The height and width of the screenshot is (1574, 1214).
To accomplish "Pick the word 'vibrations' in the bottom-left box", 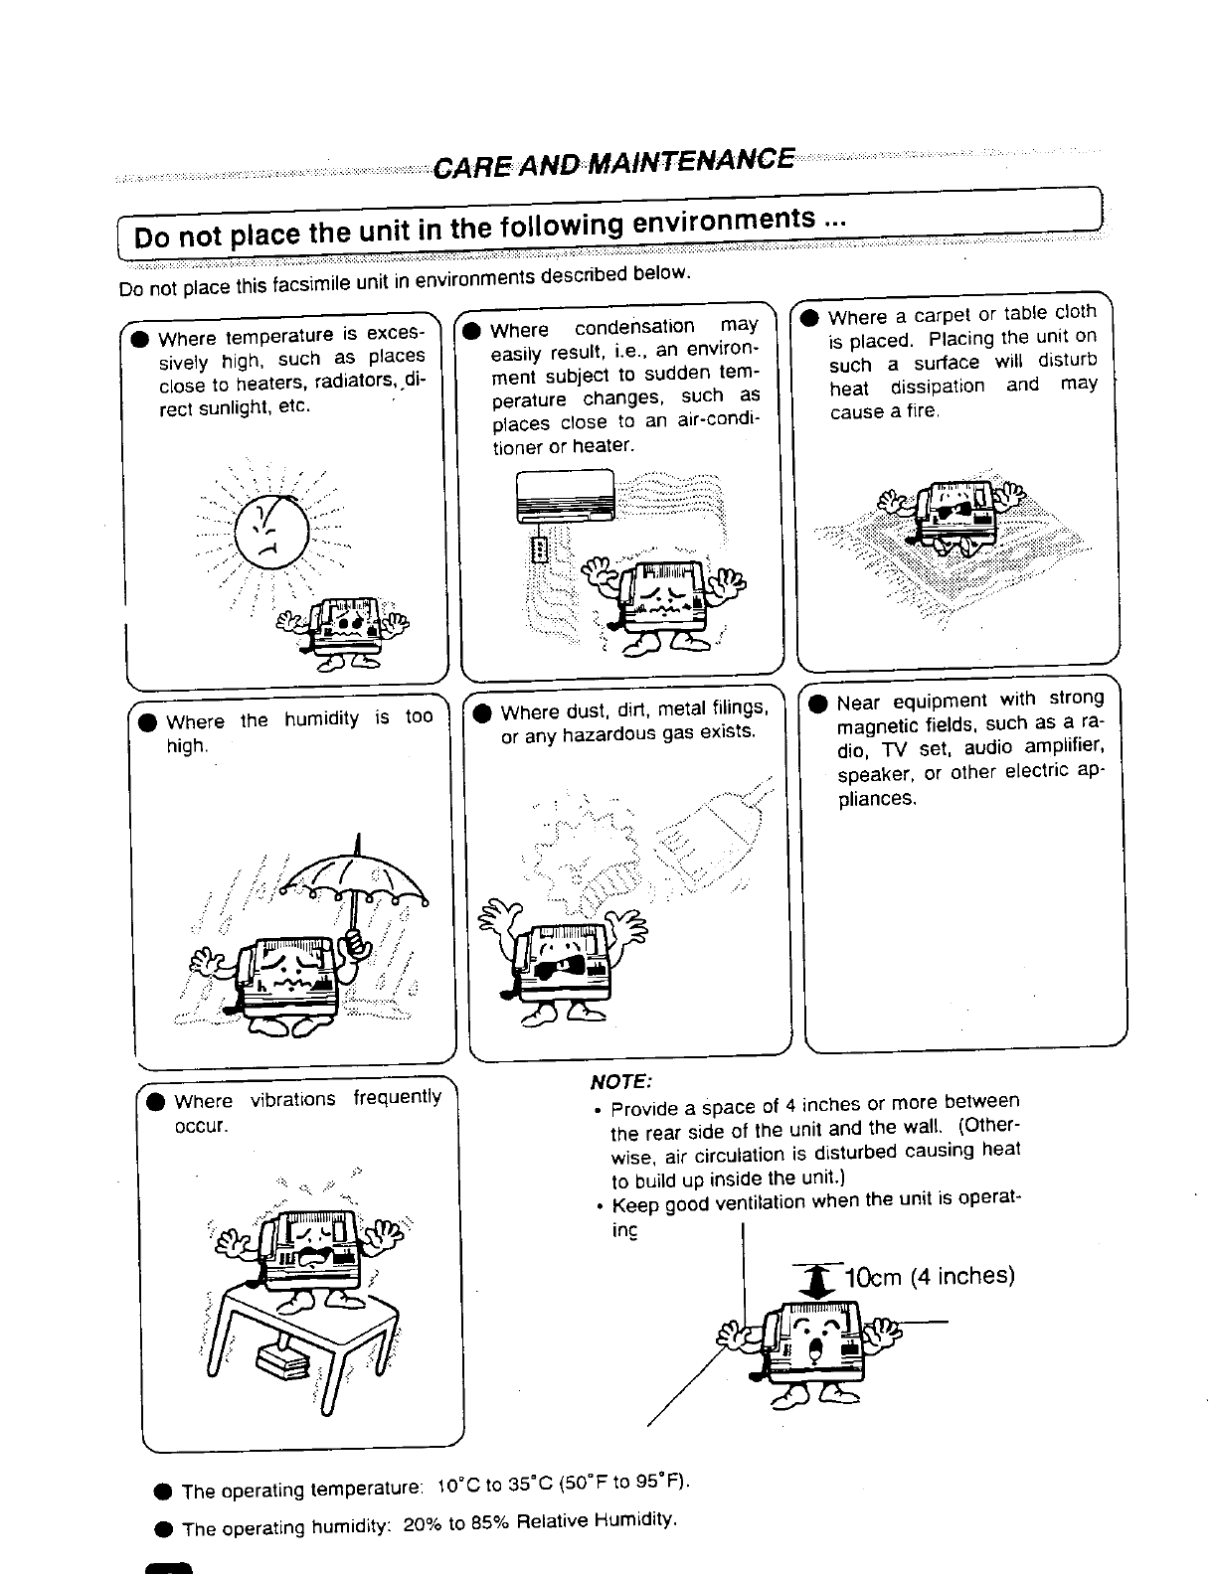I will pos(292,1100).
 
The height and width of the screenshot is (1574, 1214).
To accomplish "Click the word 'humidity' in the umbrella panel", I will pos(321,718).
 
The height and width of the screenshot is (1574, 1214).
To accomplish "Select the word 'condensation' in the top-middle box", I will pos(634,327).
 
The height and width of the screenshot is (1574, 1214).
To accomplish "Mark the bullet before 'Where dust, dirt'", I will pos(482,712).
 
